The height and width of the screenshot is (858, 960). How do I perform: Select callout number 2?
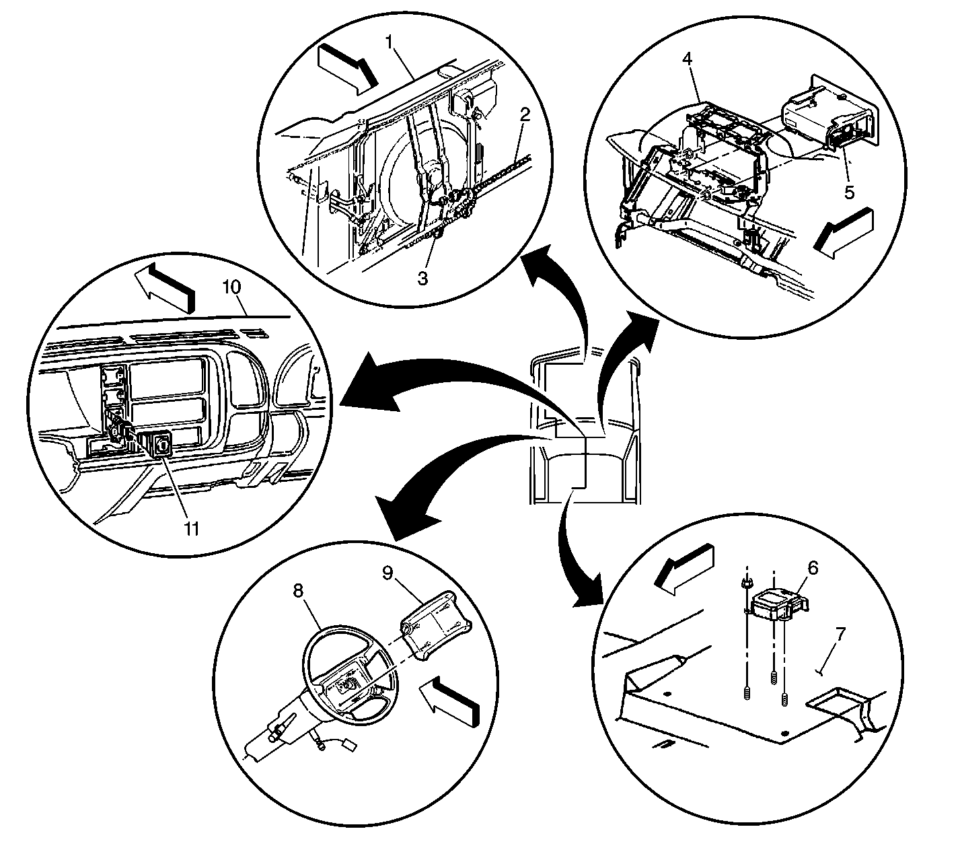coord(525,114)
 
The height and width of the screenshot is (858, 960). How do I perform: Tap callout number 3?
coord(422,278)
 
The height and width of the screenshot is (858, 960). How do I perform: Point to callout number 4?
coord(687,59)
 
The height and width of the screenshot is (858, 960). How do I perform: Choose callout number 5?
coord(850,192)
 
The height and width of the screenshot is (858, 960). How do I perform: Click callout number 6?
coord(813,569)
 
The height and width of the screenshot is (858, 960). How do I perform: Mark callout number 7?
coord(840,633)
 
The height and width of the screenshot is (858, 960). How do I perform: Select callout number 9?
coord(387,573)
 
